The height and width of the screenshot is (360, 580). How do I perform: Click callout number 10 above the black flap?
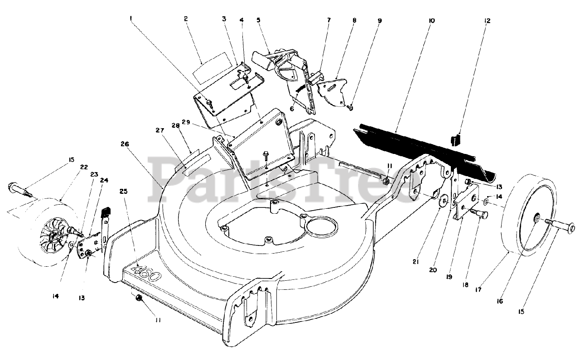pyautogui.click(x=430, y=21)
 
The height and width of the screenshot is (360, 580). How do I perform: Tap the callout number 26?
pyautogui.click(x=125, y=144)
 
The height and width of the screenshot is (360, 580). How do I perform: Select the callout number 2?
pyautogui.click(x=186, y=19)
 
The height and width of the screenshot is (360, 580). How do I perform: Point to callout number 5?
pyautogui.click(x=258, y=20)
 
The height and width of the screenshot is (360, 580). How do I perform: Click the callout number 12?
pyautogui.click(x=487, y=21)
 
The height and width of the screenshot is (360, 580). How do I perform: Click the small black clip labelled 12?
pyautogui.click(x=455, y=139)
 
